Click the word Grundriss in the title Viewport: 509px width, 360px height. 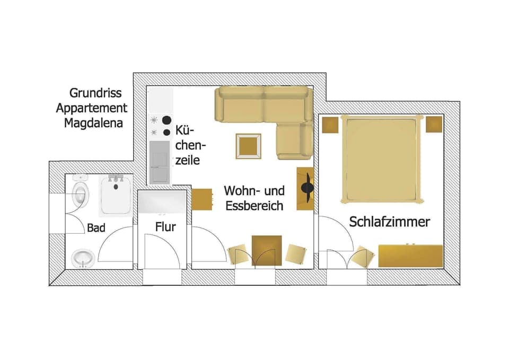click(95, 93)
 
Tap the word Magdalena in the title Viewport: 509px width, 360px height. click(93, 124)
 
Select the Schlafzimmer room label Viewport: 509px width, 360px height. click(389, 222)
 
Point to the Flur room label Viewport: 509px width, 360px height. click(165, 227)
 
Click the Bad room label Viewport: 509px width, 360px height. click(96, 228)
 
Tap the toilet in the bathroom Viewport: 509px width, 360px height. click(80, 194)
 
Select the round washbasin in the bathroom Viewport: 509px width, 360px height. click(83, 258)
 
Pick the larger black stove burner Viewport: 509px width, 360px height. click(167, 120)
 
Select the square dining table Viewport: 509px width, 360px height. click(267, 249)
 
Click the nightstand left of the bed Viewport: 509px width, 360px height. click(330, 125)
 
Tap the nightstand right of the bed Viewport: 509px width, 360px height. click(434, 125)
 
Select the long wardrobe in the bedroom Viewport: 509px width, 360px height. click(410, 256)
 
